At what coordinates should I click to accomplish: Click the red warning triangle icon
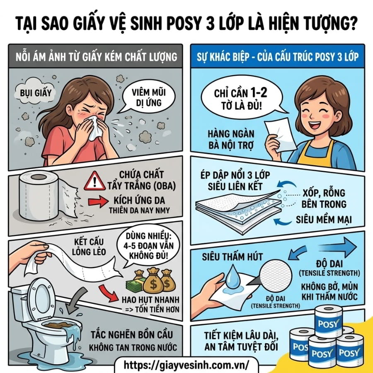coord(94,182)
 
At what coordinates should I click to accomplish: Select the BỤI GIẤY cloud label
coord(36,92)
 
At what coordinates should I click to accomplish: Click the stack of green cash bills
coord(135,285)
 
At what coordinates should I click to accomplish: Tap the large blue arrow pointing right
coord(338,247)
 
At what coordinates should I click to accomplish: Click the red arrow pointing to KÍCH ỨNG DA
coord(98,201)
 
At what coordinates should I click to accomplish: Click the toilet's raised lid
coord(41,298)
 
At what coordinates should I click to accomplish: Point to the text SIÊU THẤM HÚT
coord(232,257)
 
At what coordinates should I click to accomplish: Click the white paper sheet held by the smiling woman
coord(281,135)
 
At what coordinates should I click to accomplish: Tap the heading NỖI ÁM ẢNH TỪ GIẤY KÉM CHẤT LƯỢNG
coord(96,57)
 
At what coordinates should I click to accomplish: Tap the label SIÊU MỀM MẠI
coord(324,219)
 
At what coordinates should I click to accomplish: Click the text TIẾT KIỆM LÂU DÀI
coord(241,336)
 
